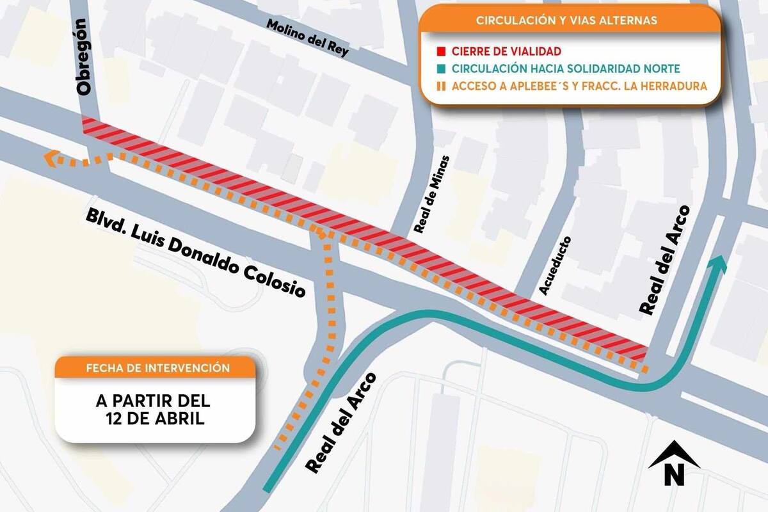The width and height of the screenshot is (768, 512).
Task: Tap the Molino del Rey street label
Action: [308, 38]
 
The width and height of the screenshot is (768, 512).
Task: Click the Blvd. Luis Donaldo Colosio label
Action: [195, 252]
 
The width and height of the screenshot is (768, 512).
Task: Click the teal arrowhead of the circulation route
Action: [719, 264]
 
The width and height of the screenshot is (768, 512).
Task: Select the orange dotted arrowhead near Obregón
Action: [51, 157]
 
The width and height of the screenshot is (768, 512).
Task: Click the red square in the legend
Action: [441, 51]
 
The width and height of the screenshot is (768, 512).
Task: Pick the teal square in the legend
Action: [441, 68]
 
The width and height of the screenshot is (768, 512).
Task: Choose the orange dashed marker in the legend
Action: [441, 85]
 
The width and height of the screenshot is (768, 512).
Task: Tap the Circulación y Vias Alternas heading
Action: [566, 20]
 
